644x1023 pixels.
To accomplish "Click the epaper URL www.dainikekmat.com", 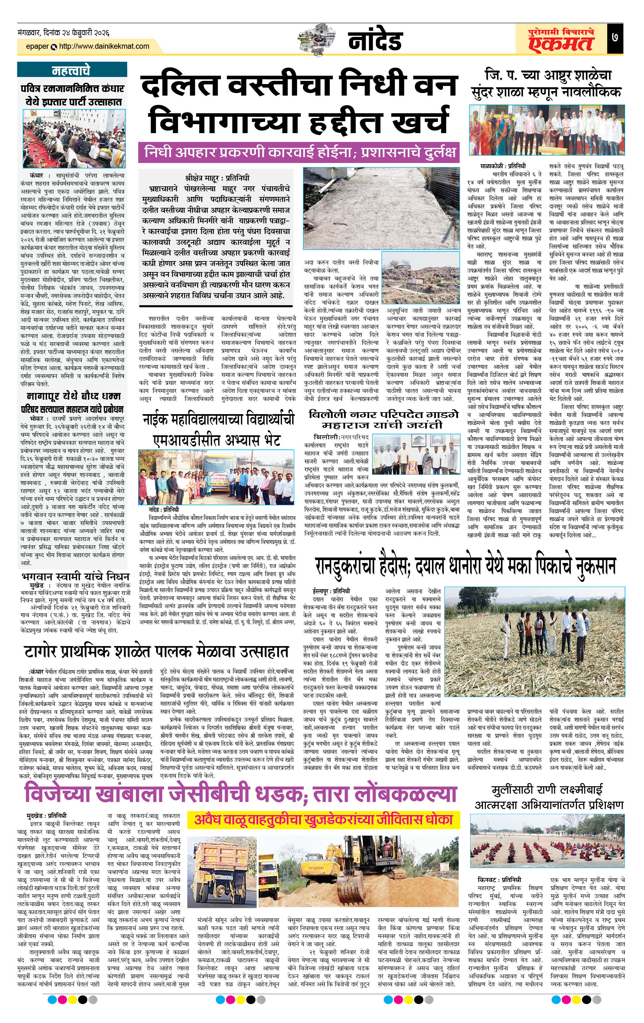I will [104, 46].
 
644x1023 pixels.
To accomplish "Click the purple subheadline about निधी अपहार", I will [299, 152].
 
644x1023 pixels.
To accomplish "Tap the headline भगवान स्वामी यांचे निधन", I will [75, 576].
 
